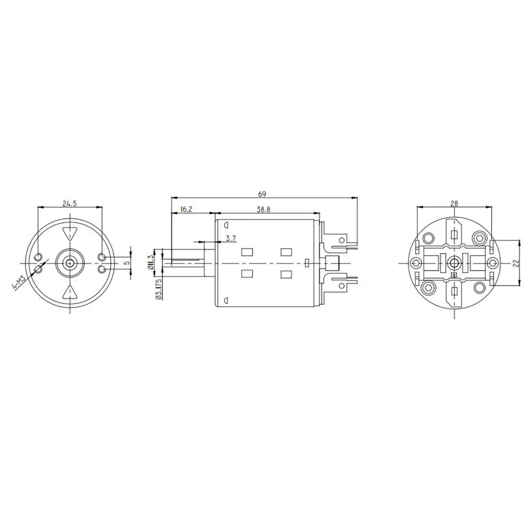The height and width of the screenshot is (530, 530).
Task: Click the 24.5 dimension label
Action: (x=69, y=202)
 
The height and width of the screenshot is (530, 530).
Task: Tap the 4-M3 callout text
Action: (x=19, y=280)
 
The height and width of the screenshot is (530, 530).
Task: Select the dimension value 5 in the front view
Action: (x=126, y=262)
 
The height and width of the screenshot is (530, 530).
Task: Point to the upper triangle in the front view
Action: (x=69, y=233)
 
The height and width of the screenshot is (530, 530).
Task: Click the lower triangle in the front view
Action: (x=69, y=291)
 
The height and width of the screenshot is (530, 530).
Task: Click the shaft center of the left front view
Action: (x=69, y=262)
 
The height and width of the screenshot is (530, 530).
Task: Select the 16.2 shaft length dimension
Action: (x=187, y=209)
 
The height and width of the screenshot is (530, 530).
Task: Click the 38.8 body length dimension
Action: (x=263, y=209)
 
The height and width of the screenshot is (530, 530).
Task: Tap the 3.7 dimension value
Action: (x=231, y=238)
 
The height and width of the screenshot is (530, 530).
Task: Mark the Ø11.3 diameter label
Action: (x=151, y=262)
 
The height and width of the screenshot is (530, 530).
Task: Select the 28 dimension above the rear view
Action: (x=454, y=202)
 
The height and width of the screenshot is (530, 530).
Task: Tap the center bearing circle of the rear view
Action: (x=454, y=263)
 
